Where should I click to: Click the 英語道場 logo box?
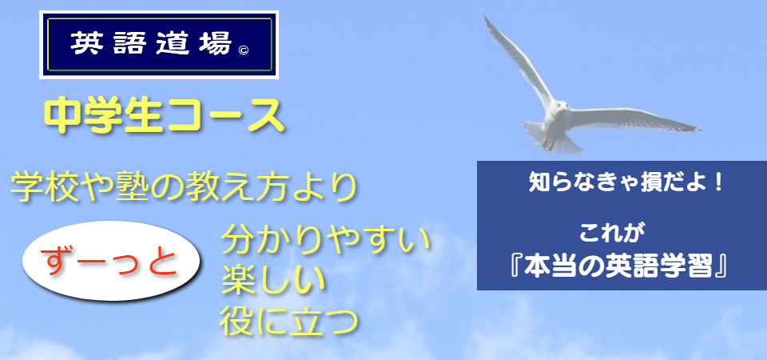(x=159, y=45)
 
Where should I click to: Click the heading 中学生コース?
(x=165, y=116)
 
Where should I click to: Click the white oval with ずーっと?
(x=112, y=261)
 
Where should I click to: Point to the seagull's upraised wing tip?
(x=486, y=17)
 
